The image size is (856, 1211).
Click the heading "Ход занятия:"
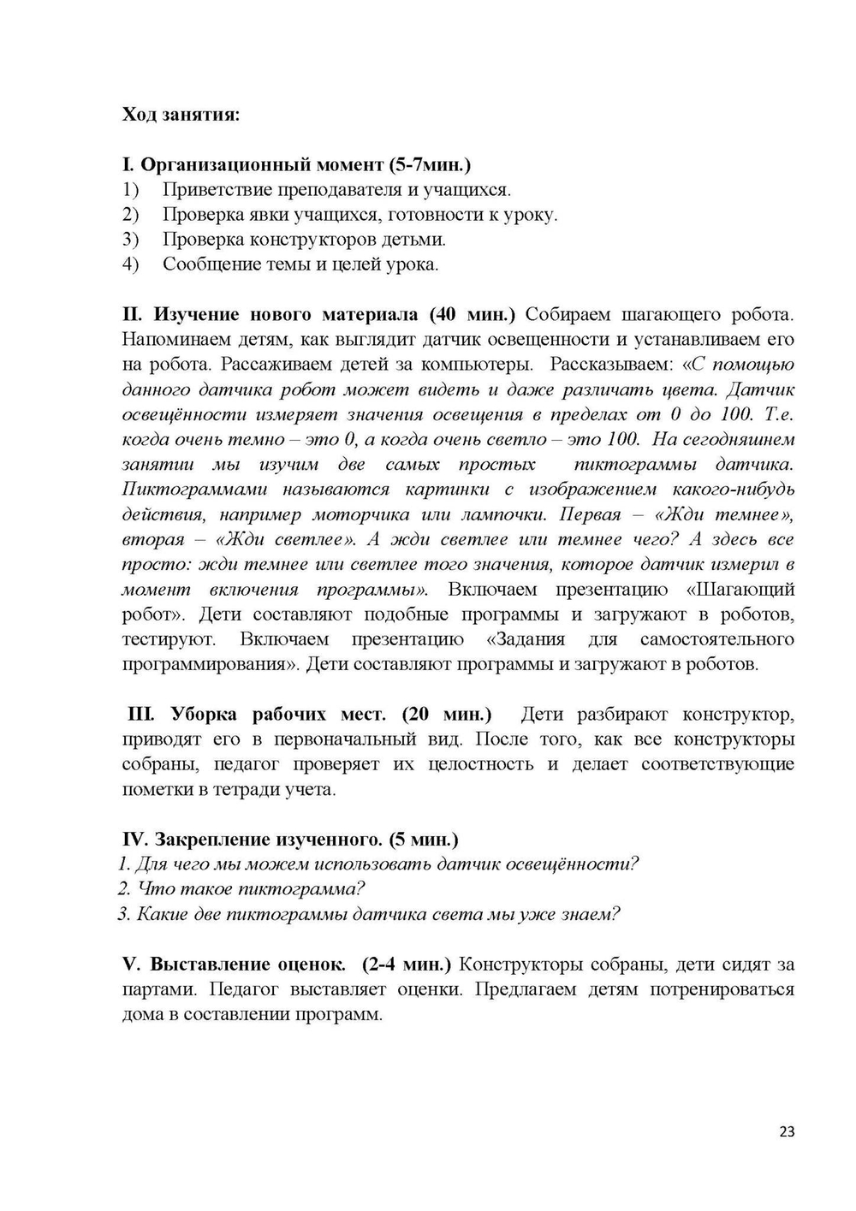point(181,115)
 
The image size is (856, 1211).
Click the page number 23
point(788,1131)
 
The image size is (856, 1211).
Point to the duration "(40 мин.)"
point(473,314)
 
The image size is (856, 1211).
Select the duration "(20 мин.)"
point(447,714)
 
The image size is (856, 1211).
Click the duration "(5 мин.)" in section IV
point(424,839)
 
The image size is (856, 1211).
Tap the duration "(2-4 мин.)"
point(407,964)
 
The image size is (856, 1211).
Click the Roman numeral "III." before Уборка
point(141,714)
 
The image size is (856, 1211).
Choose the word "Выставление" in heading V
point(202,964)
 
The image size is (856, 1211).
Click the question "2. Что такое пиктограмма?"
point(242,888)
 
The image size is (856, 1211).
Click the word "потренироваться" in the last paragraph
point(722,989)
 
